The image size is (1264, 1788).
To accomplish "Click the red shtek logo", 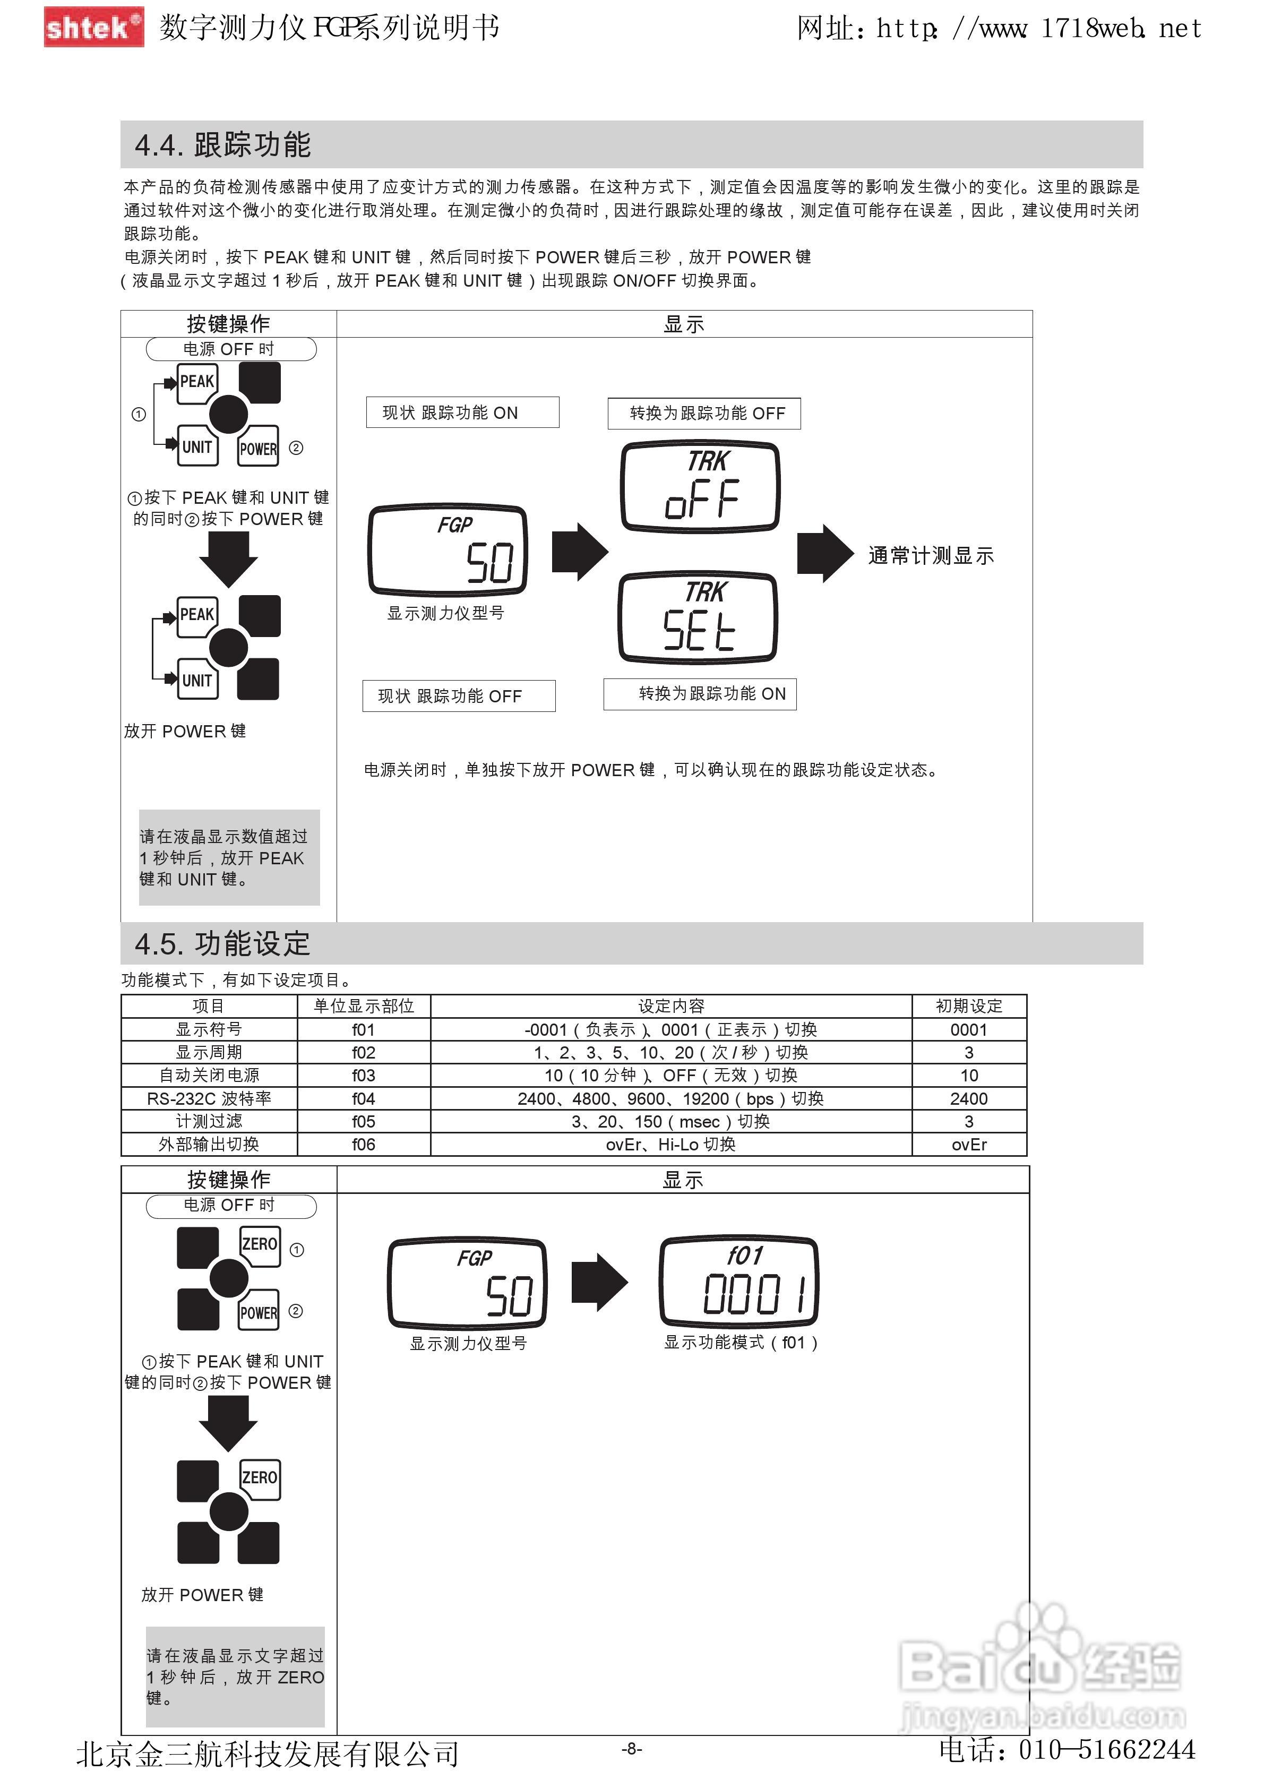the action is tap(93, 27).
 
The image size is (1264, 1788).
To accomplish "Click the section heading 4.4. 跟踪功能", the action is tap(223, 145).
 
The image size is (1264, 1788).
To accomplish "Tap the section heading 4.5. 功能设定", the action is tap(223, 944).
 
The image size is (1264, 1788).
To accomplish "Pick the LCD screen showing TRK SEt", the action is tap(698, 617).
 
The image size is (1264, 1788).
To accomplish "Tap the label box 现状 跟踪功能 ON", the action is tap(462, 412).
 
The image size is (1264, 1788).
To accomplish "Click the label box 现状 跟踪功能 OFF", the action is tap(459, 696).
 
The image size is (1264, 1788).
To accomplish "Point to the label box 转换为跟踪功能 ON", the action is tap(700, 694).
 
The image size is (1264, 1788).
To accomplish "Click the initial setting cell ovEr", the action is tap(969, 1145).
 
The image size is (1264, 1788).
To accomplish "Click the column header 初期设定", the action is tap(969, 1006).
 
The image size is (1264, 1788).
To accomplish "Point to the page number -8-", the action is tap(632, 1749).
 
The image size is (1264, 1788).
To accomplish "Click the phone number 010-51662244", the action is tap(1106, 1750).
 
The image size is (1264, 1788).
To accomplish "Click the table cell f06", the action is tap(364, 1145).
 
